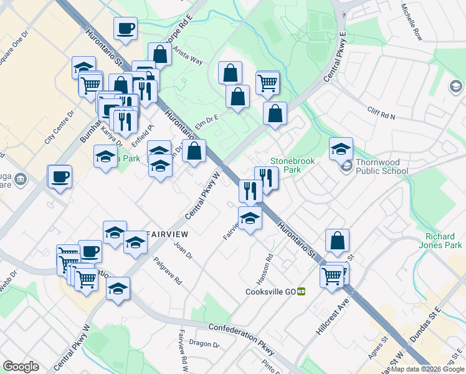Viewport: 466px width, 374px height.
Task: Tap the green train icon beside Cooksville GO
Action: click(302, 291)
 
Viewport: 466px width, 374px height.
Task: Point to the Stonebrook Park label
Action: click(292, 165)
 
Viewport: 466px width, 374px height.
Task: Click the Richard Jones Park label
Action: click(444, 241)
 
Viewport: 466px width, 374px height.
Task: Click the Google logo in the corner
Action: click(21, 367)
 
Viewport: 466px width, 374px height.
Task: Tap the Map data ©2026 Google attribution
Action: click(427, 369)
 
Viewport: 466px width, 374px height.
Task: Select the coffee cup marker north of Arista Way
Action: click(125, 28)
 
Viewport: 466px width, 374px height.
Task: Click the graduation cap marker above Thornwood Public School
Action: click(341, 149)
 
